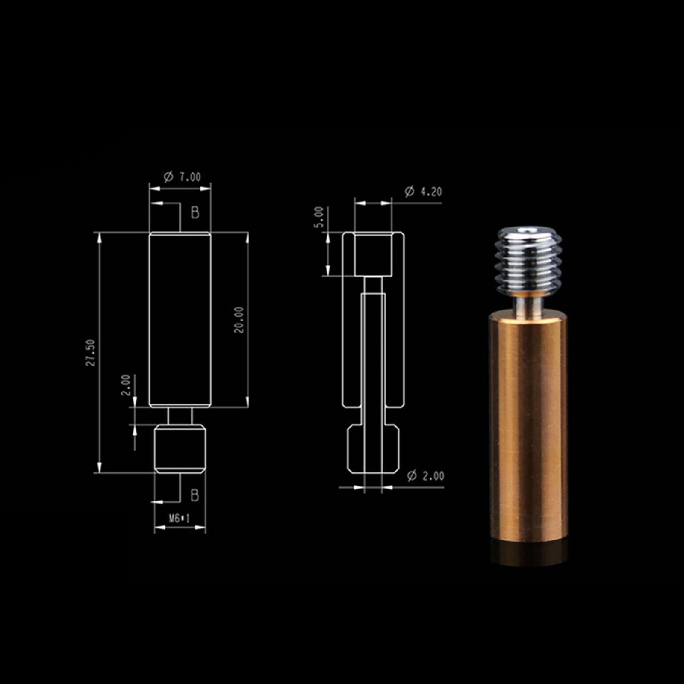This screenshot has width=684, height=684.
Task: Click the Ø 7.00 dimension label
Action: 183,177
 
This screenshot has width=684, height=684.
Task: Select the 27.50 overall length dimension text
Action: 91,352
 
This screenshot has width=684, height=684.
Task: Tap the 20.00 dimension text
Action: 239,319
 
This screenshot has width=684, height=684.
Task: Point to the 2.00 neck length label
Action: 125,385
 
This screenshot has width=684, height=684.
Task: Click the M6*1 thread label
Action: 180,519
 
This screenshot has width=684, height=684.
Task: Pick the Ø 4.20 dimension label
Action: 423,191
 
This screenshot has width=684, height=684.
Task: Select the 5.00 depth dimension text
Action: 319,217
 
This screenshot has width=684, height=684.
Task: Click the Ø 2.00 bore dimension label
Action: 426,475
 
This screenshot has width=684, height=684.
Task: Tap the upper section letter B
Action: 195,212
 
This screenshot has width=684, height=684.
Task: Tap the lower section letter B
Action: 195,495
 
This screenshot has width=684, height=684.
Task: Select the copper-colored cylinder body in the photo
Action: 528,427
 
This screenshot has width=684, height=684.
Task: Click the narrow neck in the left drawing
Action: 180,416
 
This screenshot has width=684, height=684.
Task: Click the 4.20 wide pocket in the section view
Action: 373,254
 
